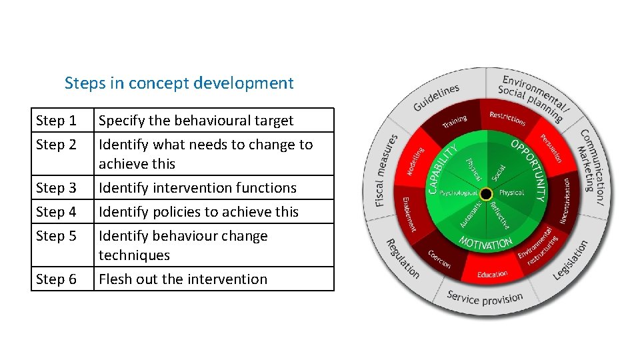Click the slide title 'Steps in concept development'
179,83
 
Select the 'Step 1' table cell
56,121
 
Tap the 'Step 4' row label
56,212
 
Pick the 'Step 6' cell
56,279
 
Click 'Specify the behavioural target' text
196,121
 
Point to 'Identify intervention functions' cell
197,188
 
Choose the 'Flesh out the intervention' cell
183,279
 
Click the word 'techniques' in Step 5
134,255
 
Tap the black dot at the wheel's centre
487,193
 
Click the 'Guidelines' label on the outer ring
436,98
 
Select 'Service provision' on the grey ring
485,297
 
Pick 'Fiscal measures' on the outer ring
386,169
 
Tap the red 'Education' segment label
493,274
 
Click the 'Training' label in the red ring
455,121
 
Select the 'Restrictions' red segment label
508,118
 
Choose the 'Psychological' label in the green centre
458,193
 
